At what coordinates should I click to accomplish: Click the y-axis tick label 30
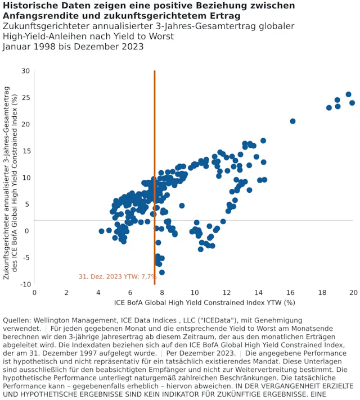point(26,71)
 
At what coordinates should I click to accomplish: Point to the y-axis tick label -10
point(25,284)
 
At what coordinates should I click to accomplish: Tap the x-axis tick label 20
point(353,293)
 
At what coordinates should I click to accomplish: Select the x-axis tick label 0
point(34,293)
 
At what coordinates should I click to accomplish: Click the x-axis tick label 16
point(290,293)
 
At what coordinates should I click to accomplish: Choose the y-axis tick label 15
point(26,151)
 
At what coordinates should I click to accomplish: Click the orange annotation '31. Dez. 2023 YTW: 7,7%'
point(118,276)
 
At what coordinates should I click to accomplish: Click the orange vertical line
point(155,169)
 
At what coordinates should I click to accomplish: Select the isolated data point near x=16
point(292,121)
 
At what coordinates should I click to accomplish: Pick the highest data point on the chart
point(349,94)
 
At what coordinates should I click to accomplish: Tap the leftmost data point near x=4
point(102,231)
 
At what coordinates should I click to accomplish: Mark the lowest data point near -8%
point(162,272)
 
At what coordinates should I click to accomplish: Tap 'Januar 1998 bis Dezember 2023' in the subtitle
point(73,47)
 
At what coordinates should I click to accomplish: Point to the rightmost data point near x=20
point(352,103)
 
